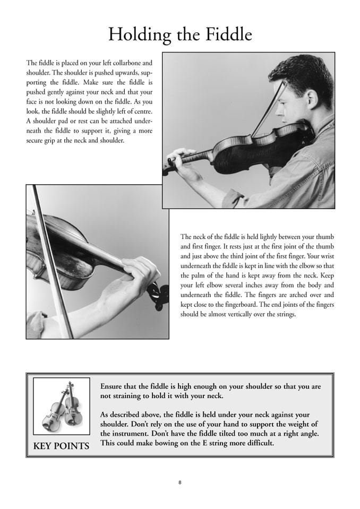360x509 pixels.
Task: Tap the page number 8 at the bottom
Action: (180, 482)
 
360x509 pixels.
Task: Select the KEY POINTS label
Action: (61, 446)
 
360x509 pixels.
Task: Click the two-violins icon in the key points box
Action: (61, 407)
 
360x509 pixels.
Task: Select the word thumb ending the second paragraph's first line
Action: (325, 237)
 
